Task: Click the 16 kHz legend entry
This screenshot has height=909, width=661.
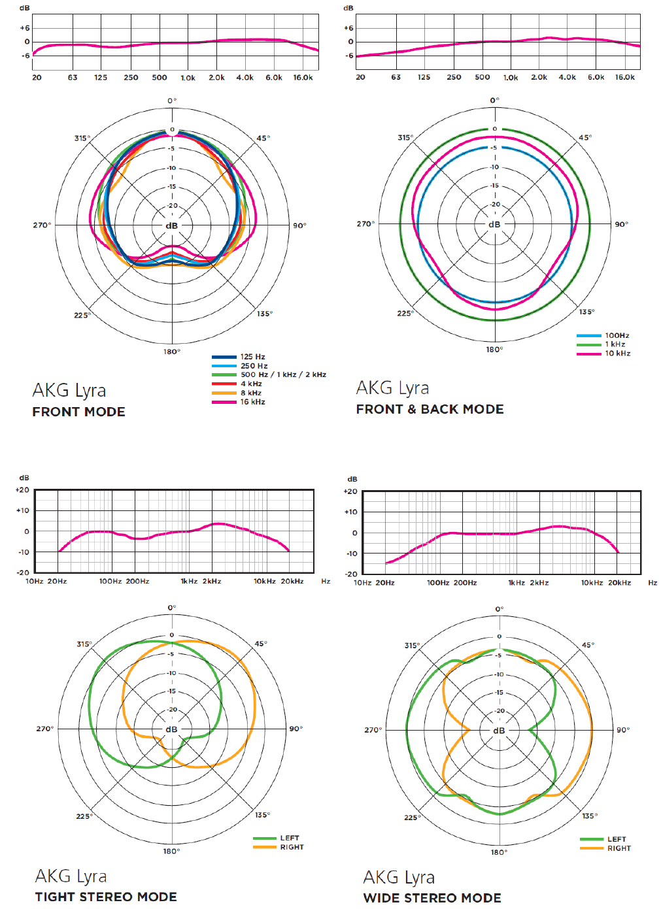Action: (x=252, y=402)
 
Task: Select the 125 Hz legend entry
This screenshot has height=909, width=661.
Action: (x=252, y=357)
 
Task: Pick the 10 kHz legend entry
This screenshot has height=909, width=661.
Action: (x=617, y=354)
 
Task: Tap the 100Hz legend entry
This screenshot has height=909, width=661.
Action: (x=617, y=335)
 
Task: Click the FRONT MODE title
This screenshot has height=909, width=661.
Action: (x=78, y=412)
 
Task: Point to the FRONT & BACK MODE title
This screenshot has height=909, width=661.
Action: (x=430, y=409)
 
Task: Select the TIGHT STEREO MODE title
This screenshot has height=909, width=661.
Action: (x=106, y=897)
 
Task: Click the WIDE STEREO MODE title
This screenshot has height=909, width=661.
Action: (x=432, y=898)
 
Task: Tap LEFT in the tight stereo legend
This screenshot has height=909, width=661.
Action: (x=290, y=838)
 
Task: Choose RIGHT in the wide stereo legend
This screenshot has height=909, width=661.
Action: (x=619, y=848)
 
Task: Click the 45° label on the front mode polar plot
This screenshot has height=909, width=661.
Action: (x=263, y=139)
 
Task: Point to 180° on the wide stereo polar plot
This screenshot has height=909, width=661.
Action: (x=499, y=852)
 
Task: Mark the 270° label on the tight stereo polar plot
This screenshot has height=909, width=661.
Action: (x=44, y=729)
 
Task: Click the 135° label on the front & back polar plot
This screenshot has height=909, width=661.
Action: (x=586, y=312)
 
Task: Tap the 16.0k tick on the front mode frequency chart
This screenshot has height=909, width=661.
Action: (x=303, y=78)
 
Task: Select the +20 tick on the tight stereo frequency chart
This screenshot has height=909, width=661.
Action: (x=22, y=489)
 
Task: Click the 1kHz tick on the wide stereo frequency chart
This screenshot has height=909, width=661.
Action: (x=517, y=582)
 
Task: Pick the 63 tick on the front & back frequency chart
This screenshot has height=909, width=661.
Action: (x=396, y=77)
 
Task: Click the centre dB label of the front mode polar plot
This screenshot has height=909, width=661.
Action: (x=171, y=225)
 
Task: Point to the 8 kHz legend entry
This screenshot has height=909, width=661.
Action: (x=250, y=393)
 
